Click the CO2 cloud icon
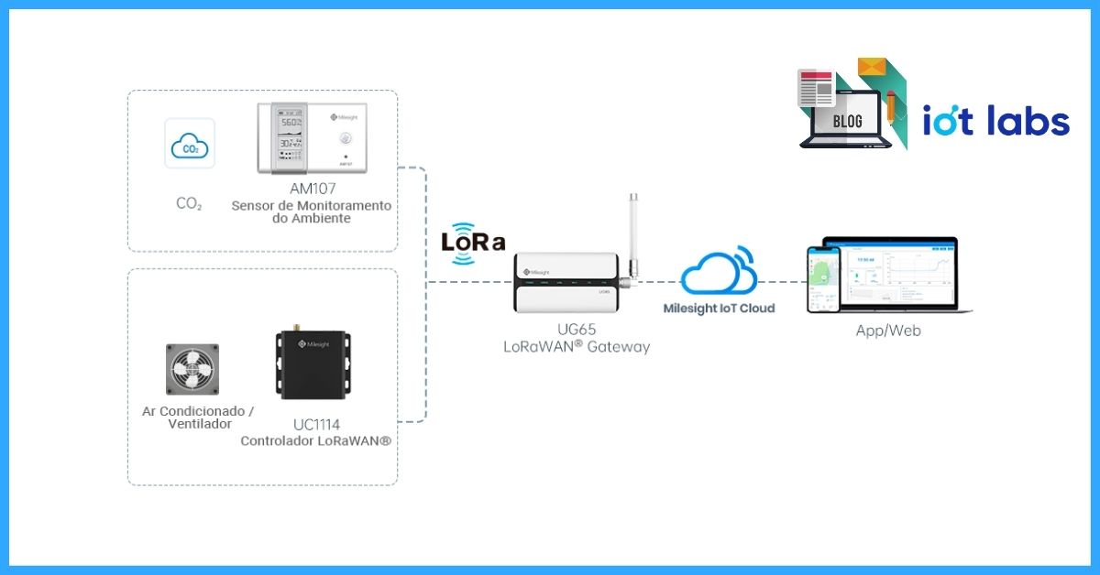tap(190, 144)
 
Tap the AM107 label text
tap(312, 189)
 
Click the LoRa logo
tap(473, 243)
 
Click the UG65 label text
tap(576, 329)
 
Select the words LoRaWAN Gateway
tap(576, 347)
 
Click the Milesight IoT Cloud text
tap(719, 309)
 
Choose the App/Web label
tap(888, 331)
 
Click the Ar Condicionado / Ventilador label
tap(198, 418)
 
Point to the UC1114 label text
tap(316, 425)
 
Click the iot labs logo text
tap(995, 122)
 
